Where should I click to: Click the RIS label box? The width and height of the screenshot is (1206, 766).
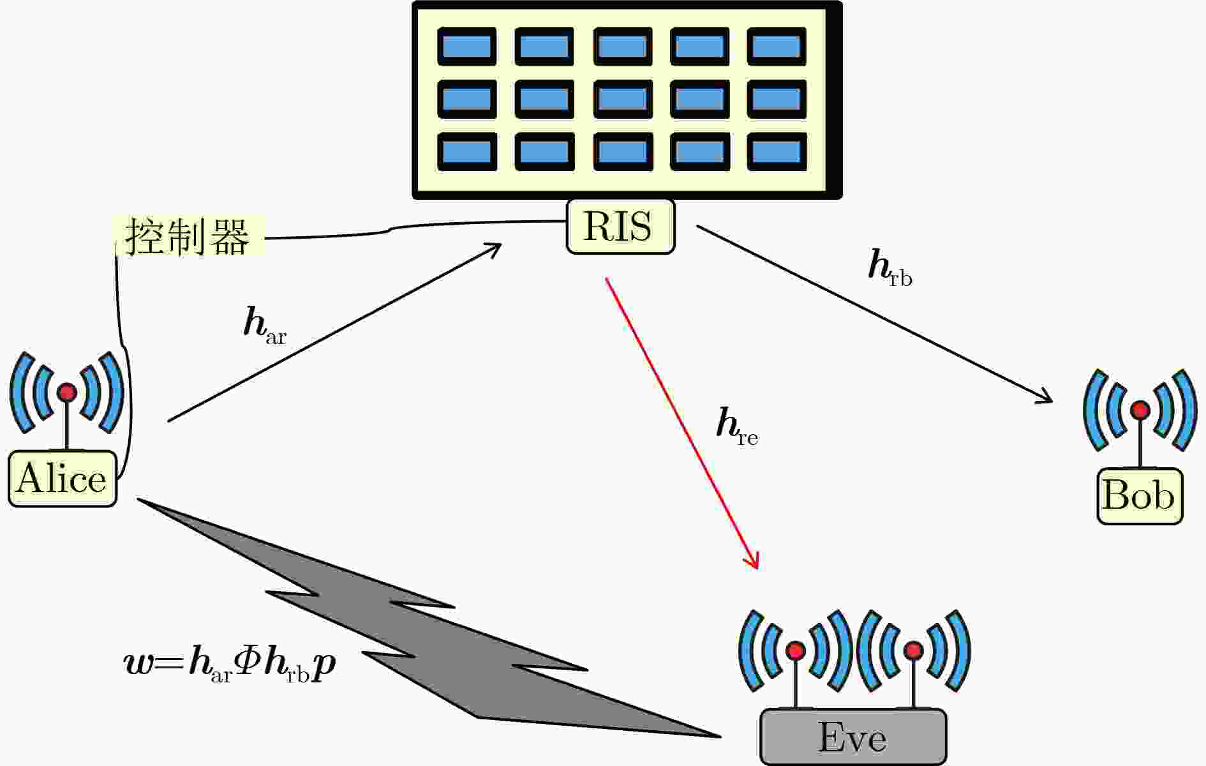click(620, 227)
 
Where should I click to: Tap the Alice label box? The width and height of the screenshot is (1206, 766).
click(62, 479)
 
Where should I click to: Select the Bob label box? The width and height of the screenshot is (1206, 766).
click(1139, 496)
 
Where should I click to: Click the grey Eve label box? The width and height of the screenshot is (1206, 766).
click(852, 737)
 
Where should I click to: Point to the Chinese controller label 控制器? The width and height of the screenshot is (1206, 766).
click(188, 237)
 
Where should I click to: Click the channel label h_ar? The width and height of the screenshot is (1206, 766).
click(264, 326)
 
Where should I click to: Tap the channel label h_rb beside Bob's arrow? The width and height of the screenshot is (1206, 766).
click(890, 268)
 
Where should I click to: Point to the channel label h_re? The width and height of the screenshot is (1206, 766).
click(736, 426)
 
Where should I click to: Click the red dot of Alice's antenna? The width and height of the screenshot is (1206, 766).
click(67, 393)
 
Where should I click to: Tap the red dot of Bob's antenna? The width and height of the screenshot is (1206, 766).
click(1140, 410)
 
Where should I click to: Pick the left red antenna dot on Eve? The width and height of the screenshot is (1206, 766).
click(796, 651)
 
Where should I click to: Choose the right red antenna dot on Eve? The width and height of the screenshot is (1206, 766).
click(914, 651)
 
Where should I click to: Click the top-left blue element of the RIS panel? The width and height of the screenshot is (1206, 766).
click(466, 47)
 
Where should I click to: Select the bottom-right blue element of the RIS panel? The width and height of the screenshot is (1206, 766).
click(776, 153)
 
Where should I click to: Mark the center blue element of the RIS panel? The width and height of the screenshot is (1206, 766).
click(622, 100)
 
